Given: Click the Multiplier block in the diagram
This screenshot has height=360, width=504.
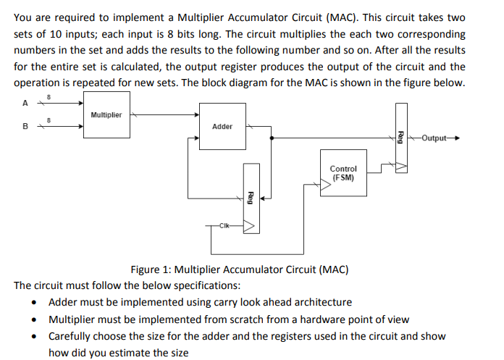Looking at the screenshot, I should [x=106, y=115].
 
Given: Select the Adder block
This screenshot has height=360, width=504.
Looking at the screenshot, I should [x=222, y=126].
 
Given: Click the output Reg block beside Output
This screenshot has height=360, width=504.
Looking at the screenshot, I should [x=402, y=137].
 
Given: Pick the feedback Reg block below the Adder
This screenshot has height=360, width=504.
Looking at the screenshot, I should [x=250, y=198].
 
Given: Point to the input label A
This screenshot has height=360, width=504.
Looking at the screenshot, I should [x=26, y=103].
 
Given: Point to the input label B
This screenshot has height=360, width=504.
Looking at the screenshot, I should [x=26, y=126].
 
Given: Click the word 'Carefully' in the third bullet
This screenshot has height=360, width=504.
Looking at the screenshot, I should [x=72, y=336].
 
